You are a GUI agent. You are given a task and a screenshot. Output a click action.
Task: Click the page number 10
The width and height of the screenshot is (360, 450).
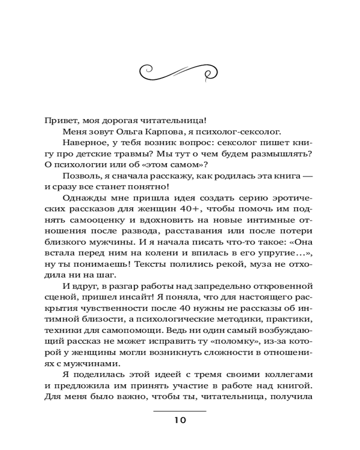(x=180, y=421)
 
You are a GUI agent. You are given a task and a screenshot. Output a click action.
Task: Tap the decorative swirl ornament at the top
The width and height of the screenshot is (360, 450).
(x=180, y=71)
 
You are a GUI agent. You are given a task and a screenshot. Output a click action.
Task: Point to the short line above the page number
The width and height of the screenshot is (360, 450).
(x=180, y=411)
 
